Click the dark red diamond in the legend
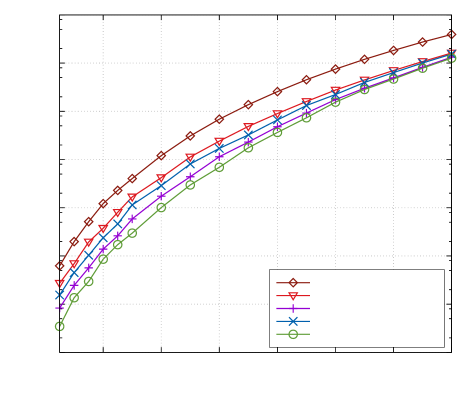tap(293, 283)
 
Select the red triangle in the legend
tap(293, 296)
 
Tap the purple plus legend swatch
tap(293, 309)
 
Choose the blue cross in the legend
tap(293, 321)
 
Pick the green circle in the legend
tap(293, 334)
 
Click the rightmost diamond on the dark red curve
tap(451, 34)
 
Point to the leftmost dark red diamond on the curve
tap(59, 266)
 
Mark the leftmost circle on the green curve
tap(59, 326)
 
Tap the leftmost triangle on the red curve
tap(59, 285)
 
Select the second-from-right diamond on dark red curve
tap(422, 42)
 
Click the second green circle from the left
tap(74, 298)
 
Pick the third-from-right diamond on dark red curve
tap(393, 50)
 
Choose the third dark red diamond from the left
tap(88, 221)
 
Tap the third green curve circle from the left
tap(88, 281)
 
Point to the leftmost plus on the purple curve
tap(59, 305)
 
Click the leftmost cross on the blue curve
tap(59, 295)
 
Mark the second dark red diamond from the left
tap(74, 241)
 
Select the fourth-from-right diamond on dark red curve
tap(364, 59)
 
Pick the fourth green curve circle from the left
tap(103, 259)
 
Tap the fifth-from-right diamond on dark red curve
tap(335, 69)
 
